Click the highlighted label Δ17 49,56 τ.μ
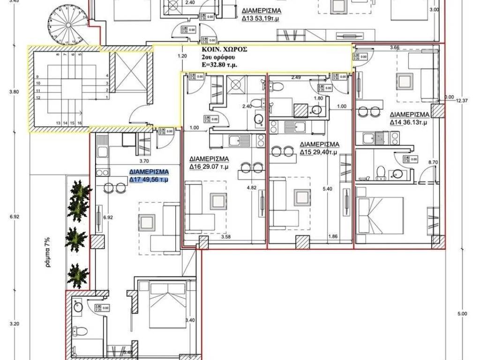149,179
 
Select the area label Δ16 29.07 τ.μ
209,166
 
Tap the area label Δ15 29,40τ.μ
319,152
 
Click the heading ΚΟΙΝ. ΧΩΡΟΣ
225,49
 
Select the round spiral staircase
67,23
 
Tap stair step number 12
38,97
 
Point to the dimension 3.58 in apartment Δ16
226,237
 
